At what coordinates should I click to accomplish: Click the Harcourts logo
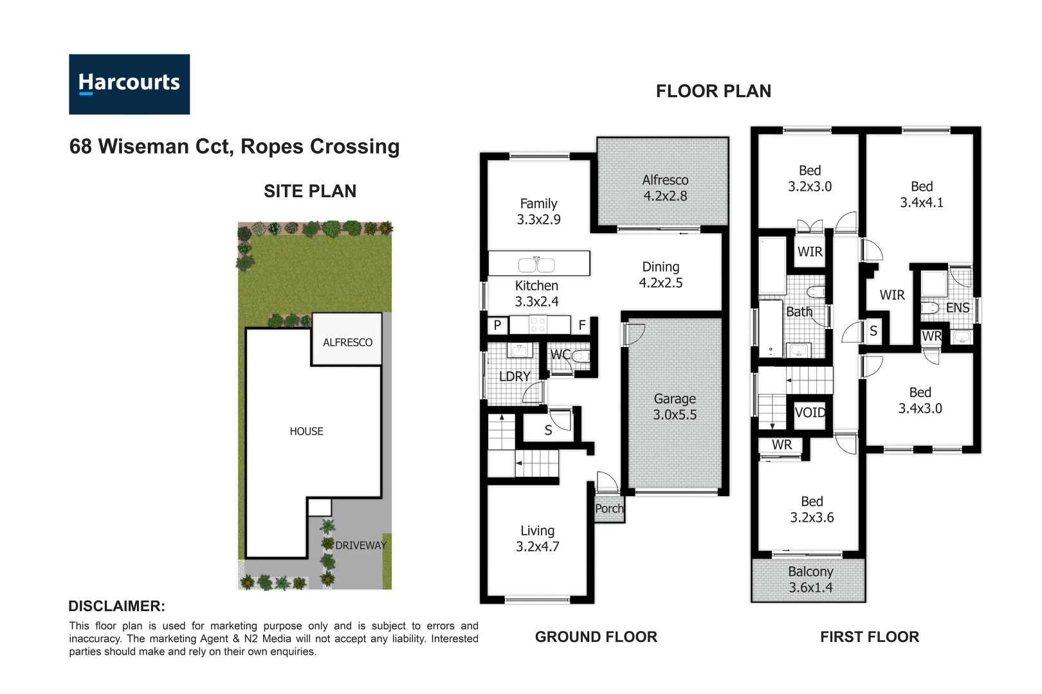[x=129, y=84]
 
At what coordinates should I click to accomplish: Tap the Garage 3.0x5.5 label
[x=675, y=407]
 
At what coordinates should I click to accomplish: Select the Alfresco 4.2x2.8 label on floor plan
[x=665, y=188]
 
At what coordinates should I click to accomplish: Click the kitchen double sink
[x=536, y=264]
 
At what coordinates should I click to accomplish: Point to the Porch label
[x=609, y=508]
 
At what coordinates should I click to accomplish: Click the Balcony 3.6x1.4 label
[x=810, y=579]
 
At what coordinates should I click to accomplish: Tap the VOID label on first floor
[x=810, y=413]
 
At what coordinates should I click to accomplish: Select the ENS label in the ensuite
[x=958, y=308]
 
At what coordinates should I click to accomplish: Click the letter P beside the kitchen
[x=497, y=325]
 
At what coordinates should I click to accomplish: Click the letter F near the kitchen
[x=582, y=325]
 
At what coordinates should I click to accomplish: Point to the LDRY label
[x=515, y=376]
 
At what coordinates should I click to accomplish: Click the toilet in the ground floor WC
[x=581, y=356]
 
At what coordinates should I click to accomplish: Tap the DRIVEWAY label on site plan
[x=360, y=545]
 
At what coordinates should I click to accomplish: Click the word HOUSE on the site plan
[x=306, y=431]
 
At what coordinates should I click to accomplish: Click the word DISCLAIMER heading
[x=116, y=606]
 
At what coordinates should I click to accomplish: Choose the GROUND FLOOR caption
[x=596, y=637]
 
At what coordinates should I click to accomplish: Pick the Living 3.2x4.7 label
[x=537, y=538]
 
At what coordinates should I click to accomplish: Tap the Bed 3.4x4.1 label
[x=921, y=194]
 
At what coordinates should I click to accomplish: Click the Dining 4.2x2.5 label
[x=661, y=274]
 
